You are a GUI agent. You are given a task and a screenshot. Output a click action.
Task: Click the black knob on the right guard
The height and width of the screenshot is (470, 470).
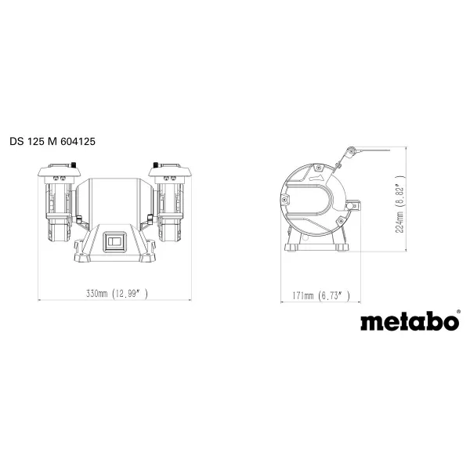[157, 167]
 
